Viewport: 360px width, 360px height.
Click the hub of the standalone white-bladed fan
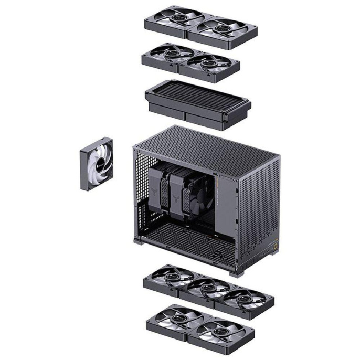coord(97,163)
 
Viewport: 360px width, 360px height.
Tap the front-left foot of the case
coord(138,241)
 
